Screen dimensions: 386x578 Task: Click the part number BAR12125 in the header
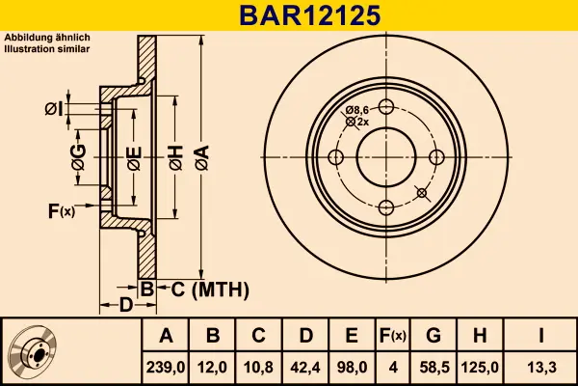[x=288, y=15]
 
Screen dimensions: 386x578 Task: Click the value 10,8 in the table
[x=259, y=367]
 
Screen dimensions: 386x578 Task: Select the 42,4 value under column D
[x=305, y=367]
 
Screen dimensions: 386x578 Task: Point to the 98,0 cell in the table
[x=352, y=367]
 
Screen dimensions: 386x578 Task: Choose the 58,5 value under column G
[x=433, y=367]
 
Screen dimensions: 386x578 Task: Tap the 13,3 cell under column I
[x=542, y=367]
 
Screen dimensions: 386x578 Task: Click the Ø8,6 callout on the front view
[x=357, y=111]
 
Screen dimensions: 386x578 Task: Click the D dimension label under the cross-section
[x=125, y=305]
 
